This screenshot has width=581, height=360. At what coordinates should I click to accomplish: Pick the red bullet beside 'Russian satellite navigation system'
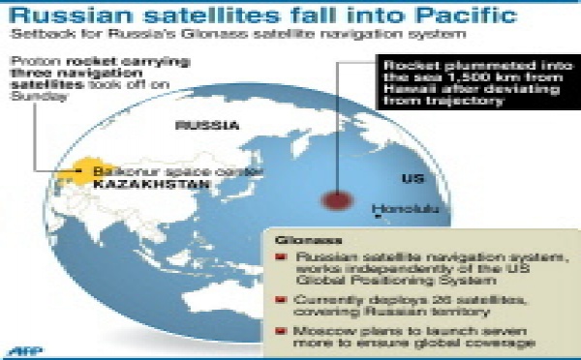(x=281, y=257)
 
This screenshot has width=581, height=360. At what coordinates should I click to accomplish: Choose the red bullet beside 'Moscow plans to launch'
(x=281, y=330)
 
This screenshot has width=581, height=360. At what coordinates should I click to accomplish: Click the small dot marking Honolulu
(x=380, y=205)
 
